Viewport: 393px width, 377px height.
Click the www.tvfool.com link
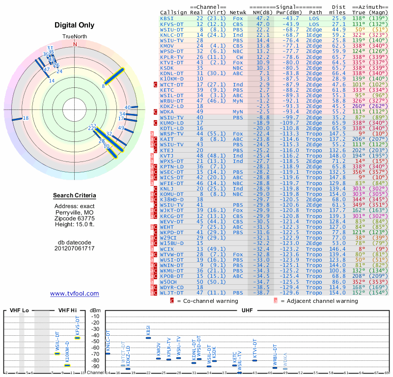click(x=74, y=294)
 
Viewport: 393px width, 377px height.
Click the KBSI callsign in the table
click(x=167, y=18)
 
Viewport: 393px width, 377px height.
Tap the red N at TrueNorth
click(x=75, y=44)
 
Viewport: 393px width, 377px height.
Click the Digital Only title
click(x=75, y=25)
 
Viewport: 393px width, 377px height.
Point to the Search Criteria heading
click(x=75, y=196)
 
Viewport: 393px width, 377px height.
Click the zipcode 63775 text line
click(x=75, y=218)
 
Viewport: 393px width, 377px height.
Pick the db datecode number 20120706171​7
click(x=75, y=248)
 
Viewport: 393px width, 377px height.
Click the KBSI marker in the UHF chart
click(x=148, y=338)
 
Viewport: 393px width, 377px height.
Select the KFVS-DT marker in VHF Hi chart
click(x=77, y=338)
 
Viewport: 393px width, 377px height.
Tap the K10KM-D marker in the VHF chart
click(x=68, y=365)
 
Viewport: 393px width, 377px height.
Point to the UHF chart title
click(x=247, y=311)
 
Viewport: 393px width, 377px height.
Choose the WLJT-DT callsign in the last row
click(x=172, y=293)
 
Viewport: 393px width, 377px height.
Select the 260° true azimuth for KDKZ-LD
click(x=359, y=106)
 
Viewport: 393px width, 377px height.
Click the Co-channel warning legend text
click(x=196, y=300)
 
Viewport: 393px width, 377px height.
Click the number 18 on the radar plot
click(x=26, y=118)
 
